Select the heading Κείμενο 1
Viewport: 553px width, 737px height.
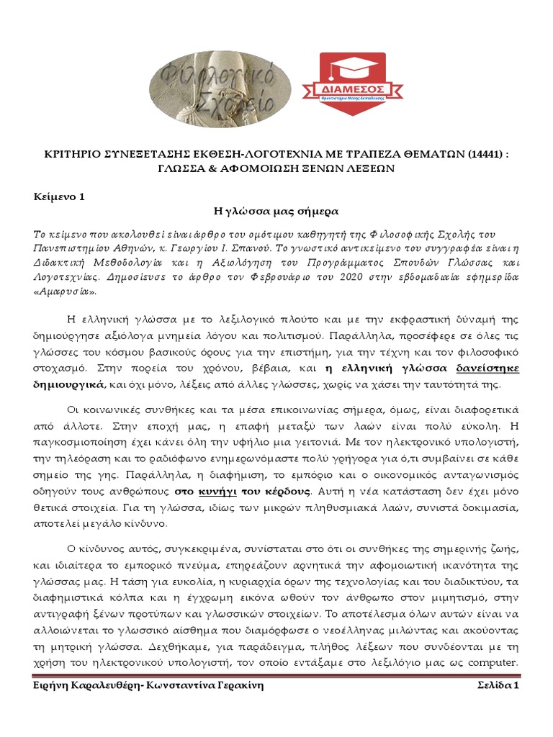[60, 197]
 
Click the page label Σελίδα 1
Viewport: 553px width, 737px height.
[498, 686]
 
